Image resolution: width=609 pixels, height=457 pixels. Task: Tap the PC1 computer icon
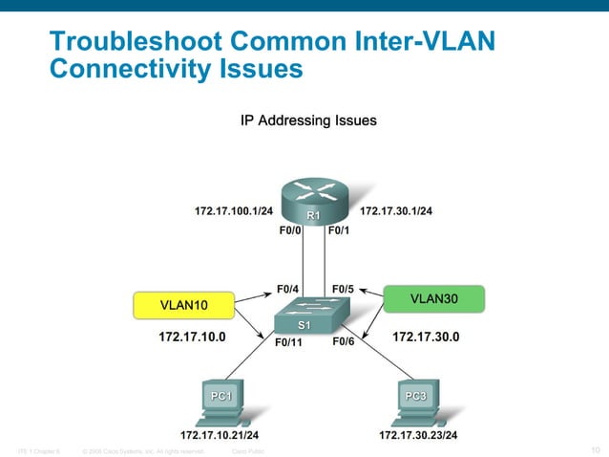[222, 402]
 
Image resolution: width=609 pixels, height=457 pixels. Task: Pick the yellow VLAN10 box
[183, 305]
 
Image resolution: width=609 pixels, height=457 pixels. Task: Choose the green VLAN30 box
[433, 298]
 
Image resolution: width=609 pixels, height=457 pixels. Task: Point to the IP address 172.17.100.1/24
[233, 210]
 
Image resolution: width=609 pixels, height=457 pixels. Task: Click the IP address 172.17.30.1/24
[395, 210]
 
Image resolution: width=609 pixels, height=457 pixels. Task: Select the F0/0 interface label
[289, 230]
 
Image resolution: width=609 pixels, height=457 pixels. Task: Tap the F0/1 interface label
[340, 230]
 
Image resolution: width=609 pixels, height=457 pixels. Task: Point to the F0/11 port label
[287, 342]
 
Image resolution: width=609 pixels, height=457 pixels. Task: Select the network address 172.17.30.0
[426, 337]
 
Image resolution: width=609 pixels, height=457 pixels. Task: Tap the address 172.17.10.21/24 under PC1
[219, 435]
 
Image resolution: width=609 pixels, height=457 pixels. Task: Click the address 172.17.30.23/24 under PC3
[417, 435]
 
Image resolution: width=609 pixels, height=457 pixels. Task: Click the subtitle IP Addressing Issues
[307, 120]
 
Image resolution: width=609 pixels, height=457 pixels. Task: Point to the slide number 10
[596, 449]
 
